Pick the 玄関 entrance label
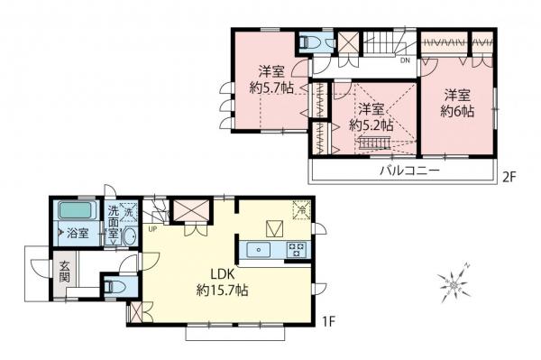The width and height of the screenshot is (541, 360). coord(66,272)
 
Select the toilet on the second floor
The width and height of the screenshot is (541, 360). coord(309,41)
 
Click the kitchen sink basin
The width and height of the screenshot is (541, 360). coord(259,248)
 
